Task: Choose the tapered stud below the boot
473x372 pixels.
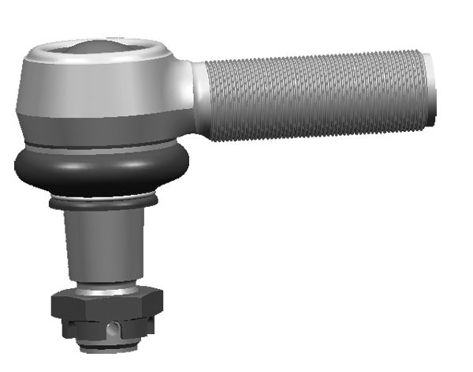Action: click(104, 245)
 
